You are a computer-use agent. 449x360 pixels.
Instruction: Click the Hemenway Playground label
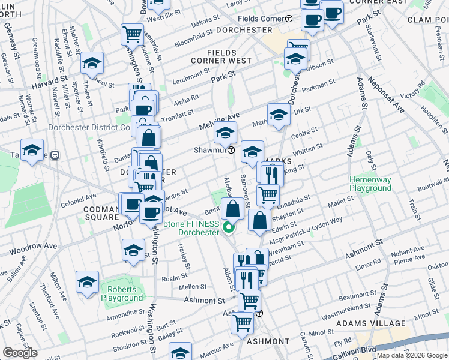371,183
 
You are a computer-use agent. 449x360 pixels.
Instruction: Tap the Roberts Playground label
122,293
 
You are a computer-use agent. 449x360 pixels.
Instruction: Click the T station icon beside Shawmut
231,150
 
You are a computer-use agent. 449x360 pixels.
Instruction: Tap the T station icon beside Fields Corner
289,19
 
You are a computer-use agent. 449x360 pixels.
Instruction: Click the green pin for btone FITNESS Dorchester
228,227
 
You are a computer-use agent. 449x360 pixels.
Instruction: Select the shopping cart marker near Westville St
131,34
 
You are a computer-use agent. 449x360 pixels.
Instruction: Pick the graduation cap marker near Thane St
93,62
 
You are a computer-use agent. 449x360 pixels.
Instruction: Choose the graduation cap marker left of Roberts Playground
87,282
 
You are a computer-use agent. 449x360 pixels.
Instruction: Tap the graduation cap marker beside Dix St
279,115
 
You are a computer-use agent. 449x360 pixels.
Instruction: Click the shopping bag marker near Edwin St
259,220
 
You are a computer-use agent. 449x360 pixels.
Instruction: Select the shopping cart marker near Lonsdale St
268,195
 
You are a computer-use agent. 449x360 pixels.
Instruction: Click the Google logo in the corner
19,353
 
